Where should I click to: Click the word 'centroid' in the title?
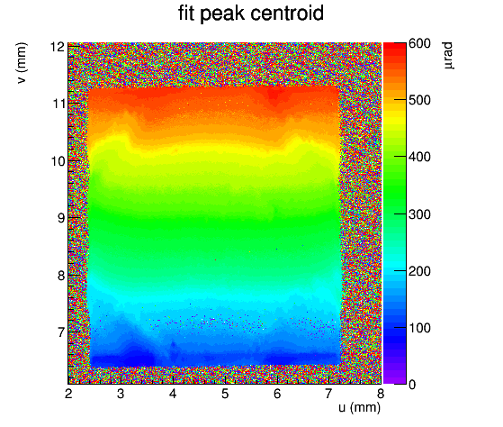tap(287, 14)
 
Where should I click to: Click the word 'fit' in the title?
tap(186, 14)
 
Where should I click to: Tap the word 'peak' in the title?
tap(222, 14)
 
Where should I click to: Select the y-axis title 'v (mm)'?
tap(22, 63)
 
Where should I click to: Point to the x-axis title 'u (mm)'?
tap(360, 407)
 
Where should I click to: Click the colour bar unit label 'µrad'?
tap(448, 55)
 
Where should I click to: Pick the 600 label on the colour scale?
tap(419, 43)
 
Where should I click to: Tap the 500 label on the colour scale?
tap(419, 100)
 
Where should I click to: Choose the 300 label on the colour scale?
tap(419, 214)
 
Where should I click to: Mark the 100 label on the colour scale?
tap(419, 328)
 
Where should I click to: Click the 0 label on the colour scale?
tap(412, 385)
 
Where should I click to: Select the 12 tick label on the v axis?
tap(58, 47)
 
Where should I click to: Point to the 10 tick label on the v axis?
tap(58, 161)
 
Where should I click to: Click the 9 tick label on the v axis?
tap(61, 218)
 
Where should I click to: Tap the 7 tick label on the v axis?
tap(61, 332)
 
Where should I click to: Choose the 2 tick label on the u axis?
tap(68, 394)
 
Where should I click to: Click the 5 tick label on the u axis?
tap(225, 394)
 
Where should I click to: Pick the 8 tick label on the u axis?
tap(381, 394)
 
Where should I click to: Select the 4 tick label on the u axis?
tap(173, 394)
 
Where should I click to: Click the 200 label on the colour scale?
tap(419, 271)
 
